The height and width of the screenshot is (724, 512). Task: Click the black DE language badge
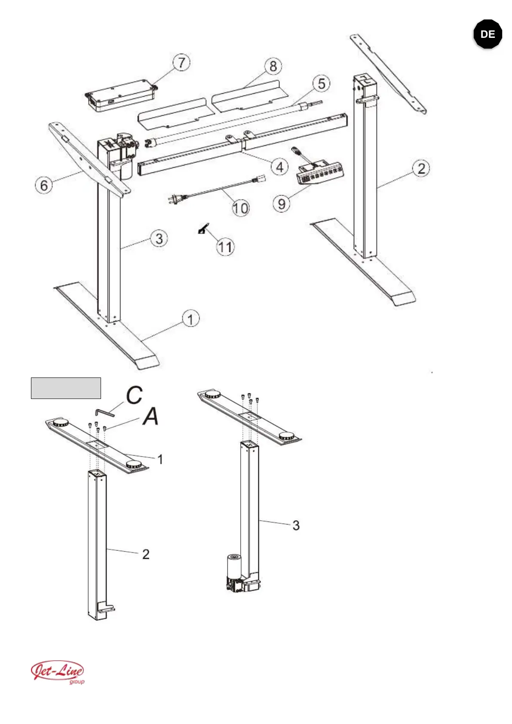[x=487, y=34]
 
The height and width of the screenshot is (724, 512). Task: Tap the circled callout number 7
[x=181, y=62]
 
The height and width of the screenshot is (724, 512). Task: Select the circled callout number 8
[x=273, y=66]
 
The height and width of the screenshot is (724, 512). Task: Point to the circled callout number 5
[x=322, y=83]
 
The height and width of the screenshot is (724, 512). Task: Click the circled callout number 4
[x=280, y=167]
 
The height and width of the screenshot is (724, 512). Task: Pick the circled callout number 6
[x=44, y=185]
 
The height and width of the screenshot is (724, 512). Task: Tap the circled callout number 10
[x=240, y=208]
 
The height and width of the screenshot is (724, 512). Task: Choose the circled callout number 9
[x=282, y=203]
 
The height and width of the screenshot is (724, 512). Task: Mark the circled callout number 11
[x=225, y=247]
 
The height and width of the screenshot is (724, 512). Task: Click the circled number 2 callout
[x=421, y=168]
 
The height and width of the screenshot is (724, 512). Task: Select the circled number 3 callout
[x=159, y=238]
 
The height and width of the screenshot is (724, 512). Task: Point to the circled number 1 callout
[x=191, y=319]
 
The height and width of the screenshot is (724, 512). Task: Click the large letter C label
[x=134, y=395]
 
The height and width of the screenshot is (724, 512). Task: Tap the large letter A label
[x=151, y=416]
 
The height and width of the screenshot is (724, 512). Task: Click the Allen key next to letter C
[x=104, y=412]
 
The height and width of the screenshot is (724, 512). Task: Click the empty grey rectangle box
[x=66, y=388]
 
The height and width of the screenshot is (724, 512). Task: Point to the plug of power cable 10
[x=175, y=199]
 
